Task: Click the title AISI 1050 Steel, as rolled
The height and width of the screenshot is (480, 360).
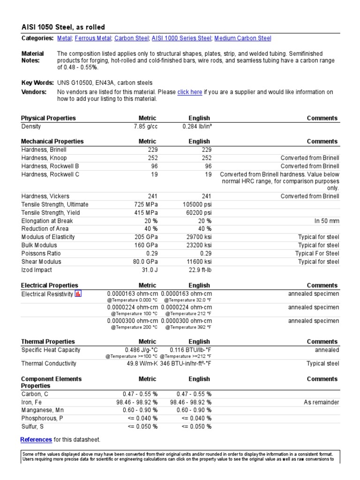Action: click(x=63, y=27)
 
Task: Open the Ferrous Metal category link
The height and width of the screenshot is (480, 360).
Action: click(x=93, y=38)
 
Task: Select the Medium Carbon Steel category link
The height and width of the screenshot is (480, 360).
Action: click(x=243, y=38)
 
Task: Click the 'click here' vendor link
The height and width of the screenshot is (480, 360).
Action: click(x=190, y=92)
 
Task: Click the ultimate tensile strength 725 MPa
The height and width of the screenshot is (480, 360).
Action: click(x=144, y=204)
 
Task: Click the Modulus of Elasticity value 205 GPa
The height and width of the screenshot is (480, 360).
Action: click(x=145, y=237)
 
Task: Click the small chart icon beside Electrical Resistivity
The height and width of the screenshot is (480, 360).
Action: click(x=78, y=294)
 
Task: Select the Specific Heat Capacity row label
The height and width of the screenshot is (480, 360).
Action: click(x=51, y=350)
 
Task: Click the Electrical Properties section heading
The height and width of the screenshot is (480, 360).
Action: click(x=50, y=285)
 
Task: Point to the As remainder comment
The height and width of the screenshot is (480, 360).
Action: click(x=320, y=402)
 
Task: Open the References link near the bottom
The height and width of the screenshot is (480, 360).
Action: click(x=36, y=440)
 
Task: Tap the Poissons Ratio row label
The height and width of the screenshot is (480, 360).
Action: click(x=41, y=254)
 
